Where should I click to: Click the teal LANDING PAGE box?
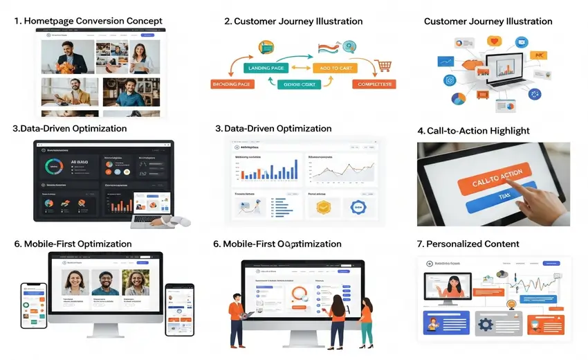[x=265, y=68]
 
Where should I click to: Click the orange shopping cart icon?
[x=383, y=66]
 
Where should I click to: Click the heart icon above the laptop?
[x=494, y=41]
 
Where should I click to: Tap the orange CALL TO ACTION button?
[x=492, y=181]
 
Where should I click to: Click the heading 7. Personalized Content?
[x=472, y=244]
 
